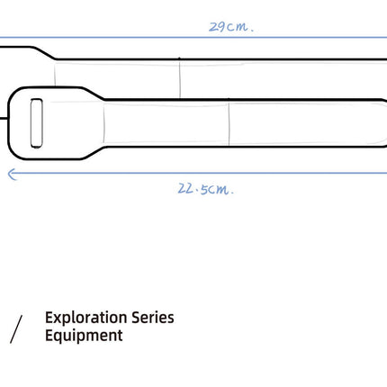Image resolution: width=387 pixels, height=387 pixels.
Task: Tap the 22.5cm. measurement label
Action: (x=206, y=189)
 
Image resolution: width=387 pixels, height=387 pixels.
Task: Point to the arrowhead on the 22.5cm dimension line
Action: (x=10, y=174)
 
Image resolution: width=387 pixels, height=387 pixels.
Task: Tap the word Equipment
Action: (x=84, y=337)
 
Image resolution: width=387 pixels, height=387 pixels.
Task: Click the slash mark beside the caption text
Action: (x=16, y=329)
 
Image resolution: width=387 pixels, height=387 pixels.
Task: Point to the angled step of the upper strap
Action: (x=45, y=52)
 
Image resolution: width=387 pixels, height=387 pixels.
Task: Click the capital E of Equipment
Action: (x=49, y=337)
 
